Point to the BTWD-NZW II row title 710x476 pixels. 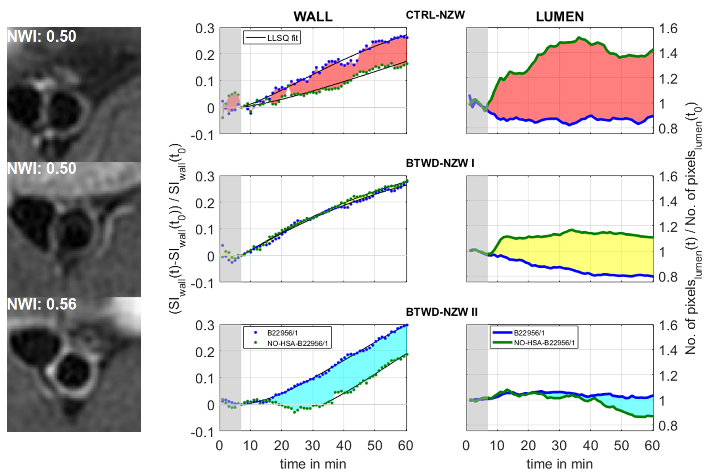(442, 312)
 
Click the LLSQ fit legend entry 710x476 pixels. (282, 38)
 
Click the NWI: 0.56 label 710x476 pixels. (42, 304)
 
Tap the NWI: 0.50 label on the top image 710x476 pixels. (42, 36)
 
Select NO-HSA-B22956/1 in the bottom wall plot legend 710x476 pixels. (297, 343)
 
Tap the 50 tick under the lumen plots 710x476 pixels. (621, 446)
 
